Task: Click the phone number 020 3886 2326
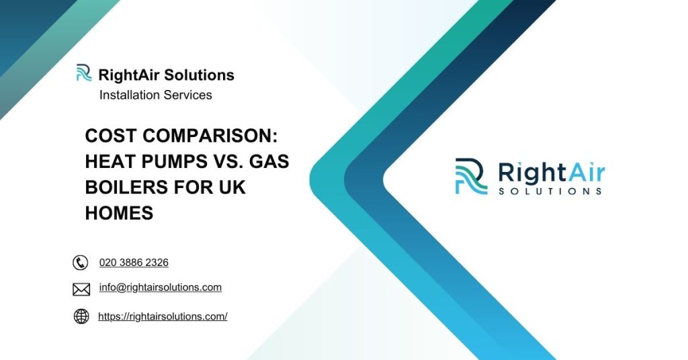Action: tap(134, 262)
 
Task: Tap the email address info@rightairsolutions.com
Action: tap(160, 287)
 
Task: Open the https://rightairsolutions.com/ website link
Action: tap(163, 316)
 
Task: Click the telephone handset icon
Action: tap(81, 263)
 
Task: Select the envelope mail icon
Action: tap(81, 289)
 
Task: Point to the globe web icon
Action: tap(81, 316)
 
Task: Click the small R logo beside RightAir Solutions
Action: tap(84, 73)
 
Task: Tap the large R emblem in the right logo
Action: tap(471, 176)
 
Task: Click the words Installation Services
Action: tap(155, 95)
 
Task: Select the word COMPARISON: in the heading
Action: tap(210, 136)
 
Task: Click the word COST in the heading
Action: tap(111, 136)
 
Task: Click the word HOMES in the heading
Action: tap(120, 213)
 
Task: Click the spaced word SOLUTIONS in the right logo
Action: tap(550, 191)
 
